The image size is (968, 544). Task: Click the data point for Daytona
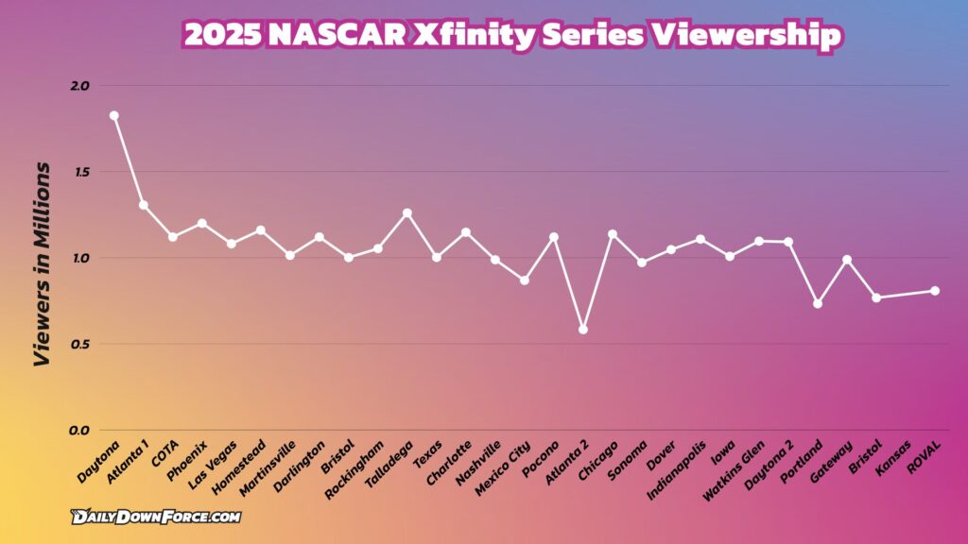(113, 115)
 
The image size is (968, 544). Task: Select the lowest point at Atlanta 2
(583, 330)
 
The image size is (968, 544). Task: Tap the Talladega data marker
(407, 213)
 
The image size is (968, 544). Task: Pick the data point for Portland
(818, 303)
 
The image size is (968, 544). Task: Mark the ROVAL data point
(935, 291)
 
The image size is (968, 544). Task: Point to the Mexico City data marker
(525, 280)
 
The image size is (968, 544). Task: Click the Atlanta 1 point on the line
(144, 205)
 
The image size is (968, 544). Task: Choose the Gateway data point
(847, 260)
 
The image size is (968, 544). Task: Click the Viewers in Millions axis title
(42, 263)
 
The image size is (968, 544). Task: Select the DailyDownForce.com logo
(155, 517)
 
